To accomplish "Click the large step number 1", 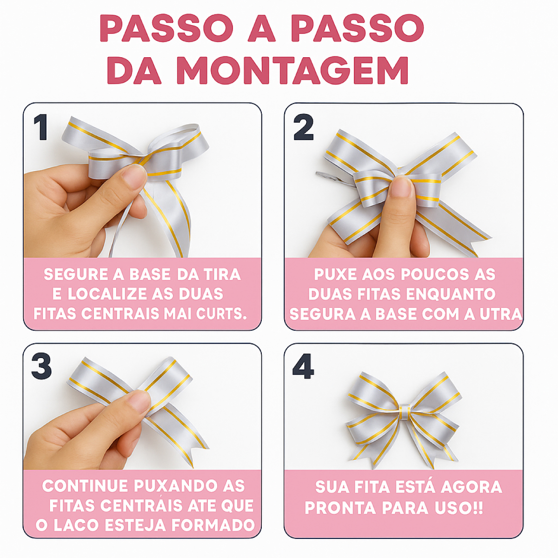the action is tap(41, 127).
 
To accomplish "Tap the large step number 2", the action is tap(303, 127).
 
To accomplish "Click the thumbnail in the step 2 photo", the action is tap(401, 187).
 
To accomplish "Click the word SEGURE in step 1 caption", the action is tap(76, 274).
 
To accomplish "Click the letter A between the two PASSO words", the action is tap(262, 28).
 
